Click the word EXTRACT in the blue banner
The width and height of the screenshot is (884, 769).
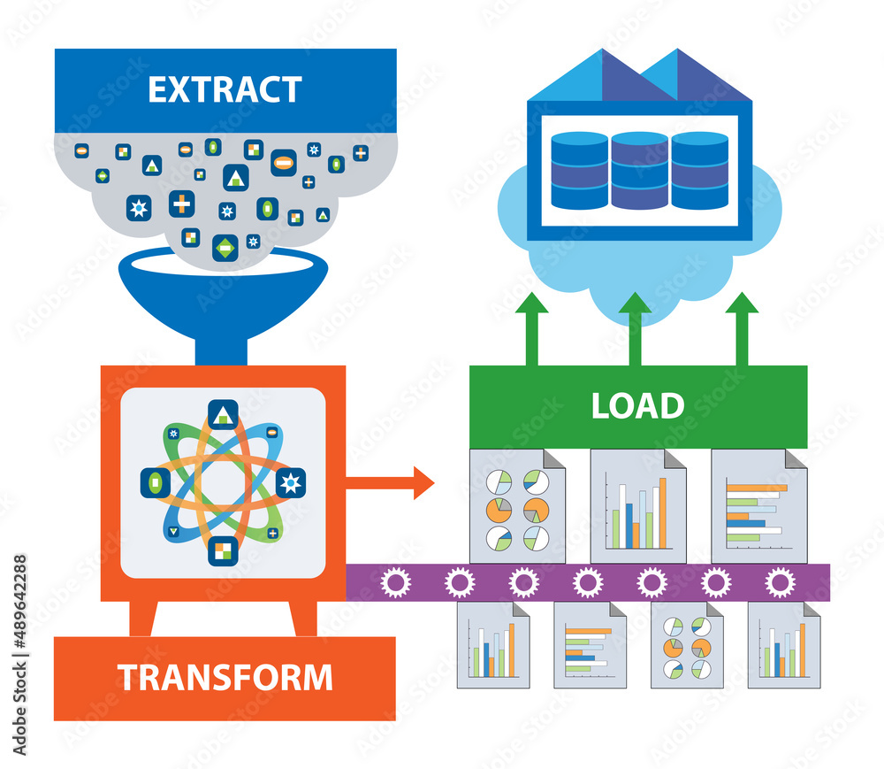tap(225, 90)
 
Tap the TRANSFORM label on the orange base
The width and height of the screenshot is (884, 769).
tap(225, 677)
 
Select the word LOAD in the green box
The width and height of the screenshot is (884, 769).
tap(637, 405)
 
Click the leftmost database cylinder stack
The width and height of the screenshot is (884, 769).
tap(579, 170)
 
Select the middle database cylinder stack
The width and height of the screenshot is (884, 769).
tap(639, 170)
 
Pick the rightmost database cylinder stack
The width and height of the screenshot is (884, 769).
tap(699, 170)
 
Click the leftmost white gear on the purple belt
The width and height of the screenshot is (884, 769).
tap(395, 582)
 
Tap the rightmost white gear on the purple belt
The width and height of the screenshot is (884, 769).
tap(779, 582)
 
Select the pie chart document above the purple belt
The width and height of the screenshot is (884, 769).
tap(517, 506)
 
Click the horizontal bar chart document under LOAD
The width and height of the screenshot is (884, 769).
tap(758, 506)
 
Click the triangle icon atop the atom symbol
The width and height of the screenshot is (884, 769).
tap(222, 414)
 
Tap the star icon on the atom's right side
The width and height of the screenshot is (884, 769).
tap(290, 483)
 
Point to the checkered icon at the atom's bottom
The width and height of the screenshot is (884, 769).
tap(222, 550)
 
